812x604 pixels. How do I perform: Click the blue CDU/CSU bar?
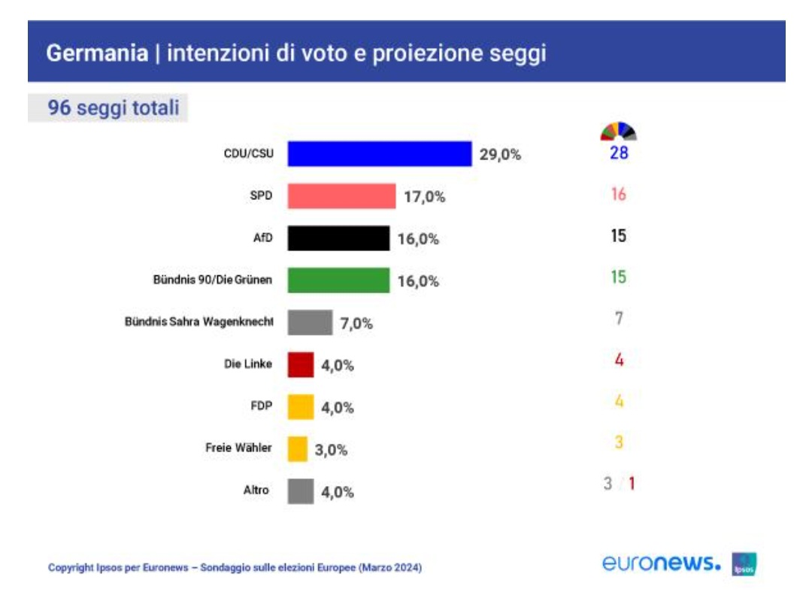(380, 154)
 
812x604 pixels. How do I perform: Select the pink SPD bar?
(341, 196)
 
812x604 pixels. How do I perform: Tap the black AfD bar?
(338, 238)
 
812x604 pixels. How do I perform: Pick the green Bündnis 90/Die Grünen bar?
(338, 281)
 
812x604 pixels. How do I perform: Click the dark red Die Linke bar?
(301, 365)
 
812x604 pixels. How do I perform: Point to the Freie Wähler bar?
(298, 449)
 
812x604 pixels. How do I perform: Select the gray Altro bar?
(301, 492)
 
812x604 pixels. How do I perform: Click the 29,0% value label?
(500, 156)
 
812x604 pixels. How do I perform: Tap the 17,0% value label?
(425, 197)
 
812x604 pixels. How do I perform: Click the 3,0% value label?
(331, 450)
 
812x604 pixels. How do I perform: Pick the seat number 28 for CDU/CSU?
(618, 154)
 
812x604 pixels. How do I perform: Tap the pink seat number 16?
(618, 195)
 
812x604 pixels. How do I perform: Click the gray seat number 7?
(618, 318)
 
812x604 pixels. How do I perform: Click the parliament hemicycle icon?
(618, 132)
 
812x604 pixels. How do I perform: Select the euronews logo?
(662, 563)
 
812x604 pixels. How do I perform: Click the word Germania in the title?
(96, 54)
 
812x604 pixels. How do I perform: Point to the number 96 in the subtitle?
(59, 108)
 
